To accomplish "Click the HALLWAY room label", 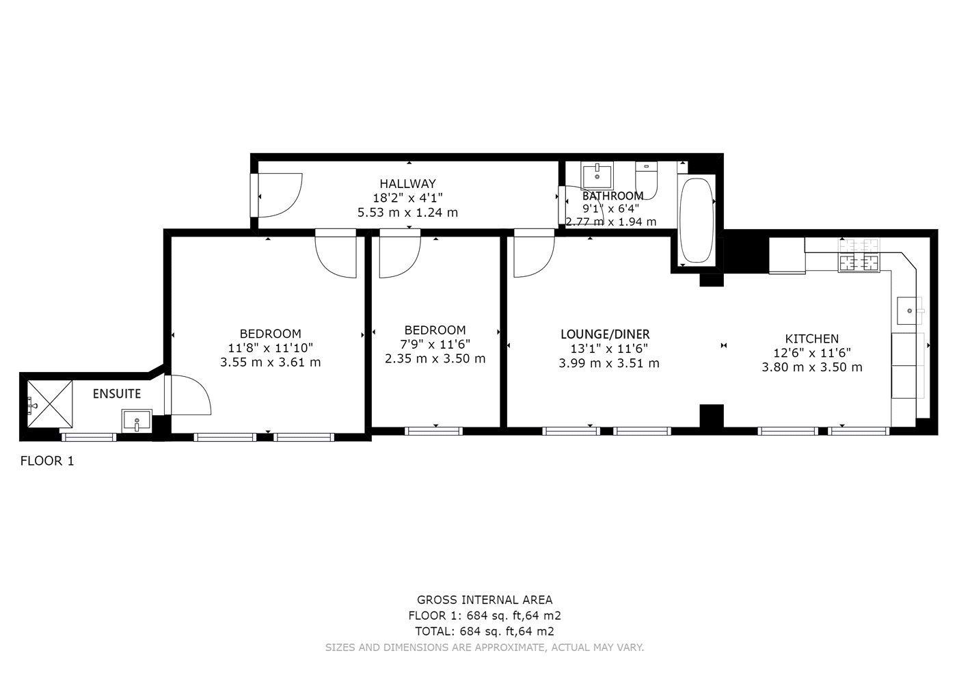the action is pyautogui.click(x=407, y=184).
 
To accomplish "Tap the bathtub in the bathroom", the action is pyautogui.click(x=697, y=220).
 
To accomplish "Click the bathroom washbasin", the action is pyautogui.click(x=597, y=175).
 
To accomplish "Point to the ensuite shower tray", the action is pyautogui.click(x=49, y=403).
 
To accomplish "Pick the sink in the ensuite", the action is pyautogui.click(x=136, y=419).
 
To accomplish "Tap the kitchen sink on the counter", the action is pyautogui.click(x=908, y=310).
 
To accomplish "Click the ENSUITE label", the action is pyautogui.click(x=117, y=394).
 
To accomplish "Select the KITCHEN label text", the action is pyautogui.click(x=812, y=339).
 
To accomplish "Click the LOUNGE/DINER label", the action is pyautogui.click(x=605, y=334).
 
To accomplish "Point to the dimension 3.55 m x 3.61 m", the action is pyautogui.click(x=270, y=362).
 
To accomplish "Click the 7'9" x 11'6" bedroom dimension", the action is pyautogui.click(x=435, y=344).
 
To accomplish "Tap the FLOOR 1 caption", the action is pyautogui.click(x=47, y=461).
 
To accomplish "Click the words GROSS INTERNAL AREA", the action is pyautogui.click(x=485, y=600).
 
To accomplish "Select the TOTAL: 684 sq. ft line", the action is pyautogui.click(x=485, y=631).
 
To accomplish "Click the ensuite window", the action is pyautogui.click(x=89, y=437).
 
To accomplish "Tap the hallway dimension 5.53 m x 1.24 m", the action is pyautogui.click(x=407, y=213).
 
